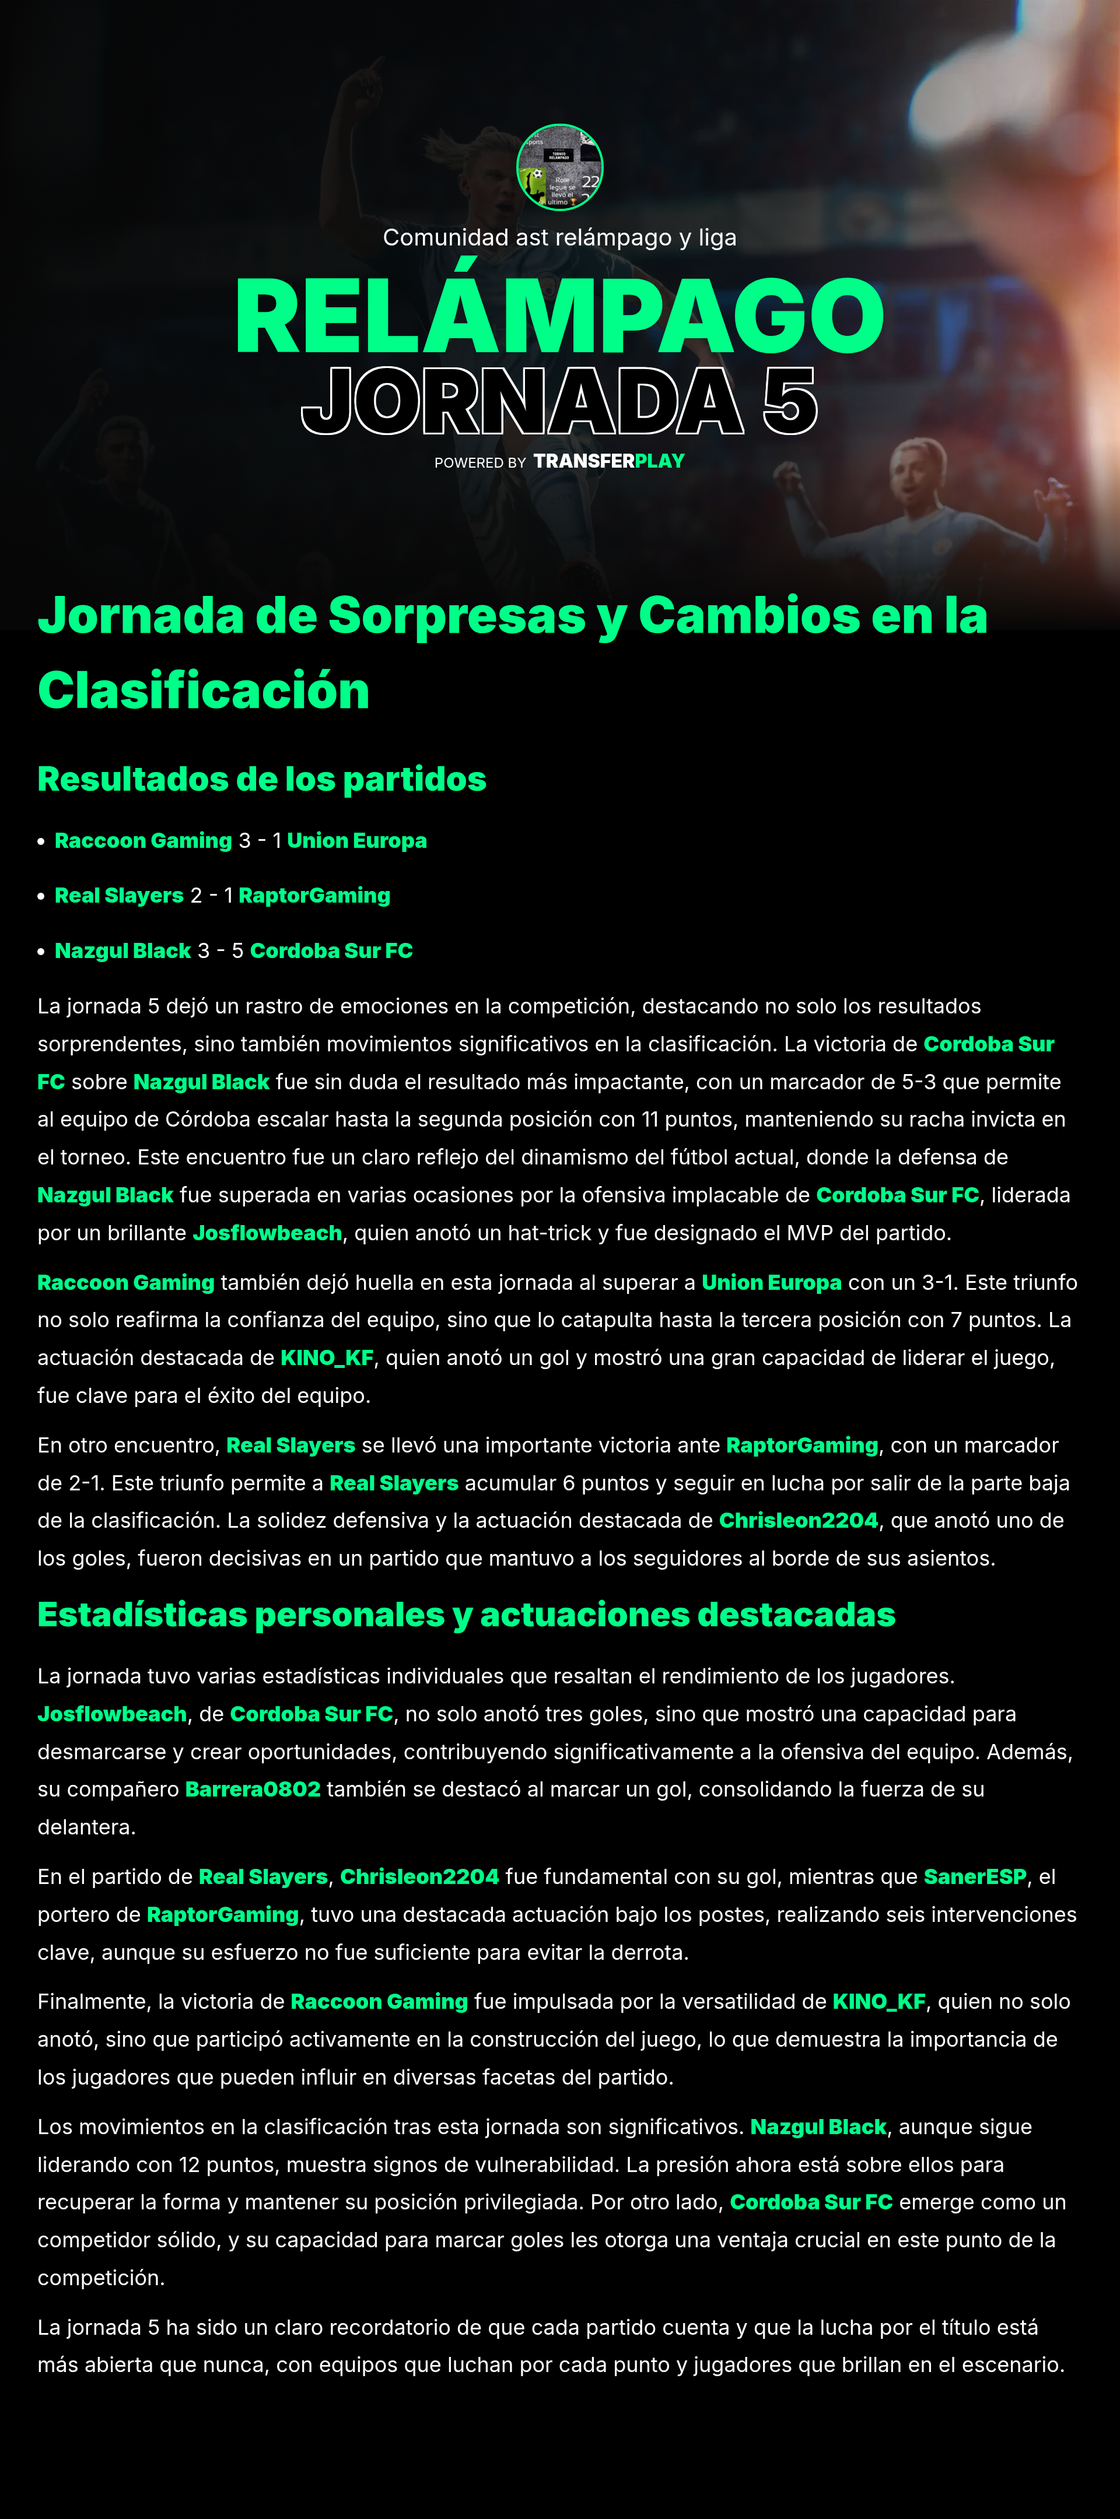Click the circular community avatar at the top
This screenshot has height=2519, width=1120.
coord(559,167)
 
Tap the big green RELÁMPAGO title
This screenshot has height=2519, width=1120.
coord(559,317)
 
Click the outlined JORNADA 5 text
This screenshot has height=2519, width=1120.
coord(559,402)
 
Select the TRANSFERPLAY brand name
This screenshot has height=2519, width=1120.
coord(608,462)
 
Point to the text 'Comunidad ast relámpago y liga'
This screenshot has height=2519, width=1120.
coord(559,238)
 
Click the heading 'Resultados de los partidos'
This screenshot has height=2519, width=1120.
coord(261,780)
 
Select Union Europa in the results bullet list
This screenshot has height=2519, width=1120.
coord(357,841)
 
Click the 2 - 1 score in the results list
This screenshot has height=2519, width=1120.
coord(211,896)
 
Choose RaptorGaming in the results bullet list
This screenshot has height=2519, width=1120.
coord(314,896)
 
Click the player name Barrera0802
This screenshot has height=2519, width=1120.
coord(253,1790)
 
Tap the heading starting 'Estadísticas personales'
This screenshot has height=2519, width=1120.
coord(466,1615)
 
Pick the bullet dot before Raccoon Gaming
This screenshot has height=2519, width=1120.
coord(41,842)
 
